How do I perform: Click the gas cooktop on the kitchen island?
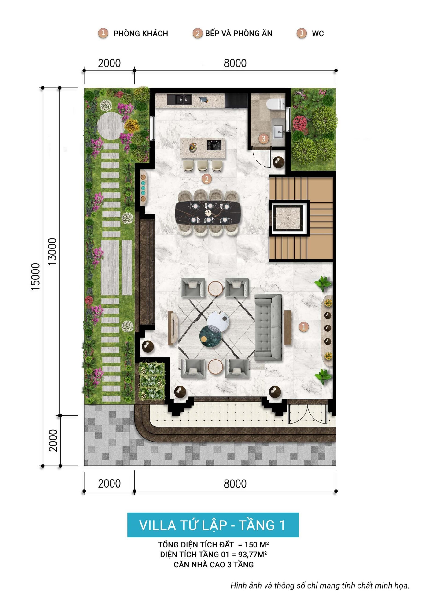tap(214, 145)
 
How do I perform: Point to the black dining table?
tap(209, 213)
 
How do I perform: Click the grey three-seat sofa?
tap(268, 327)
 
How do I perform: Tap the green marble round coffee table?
tap(210, 336)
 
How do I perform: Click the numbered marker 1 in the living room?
tap(303, 326)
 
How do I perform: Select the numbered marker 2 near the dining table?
tap(206, 179)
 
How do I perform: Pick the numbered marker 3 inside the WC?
tap(263, 139)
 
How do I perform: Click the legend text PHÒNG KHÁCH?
tap(140, 34)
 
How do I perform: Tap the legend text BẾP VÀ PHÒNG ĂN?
tap(239, 34)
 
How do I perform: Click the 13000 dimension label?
tap(52, 251)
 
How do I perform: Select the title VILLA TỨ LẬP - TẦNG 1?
tap(213, 525)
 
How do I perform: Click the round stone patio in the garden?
tap(111, 126)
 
